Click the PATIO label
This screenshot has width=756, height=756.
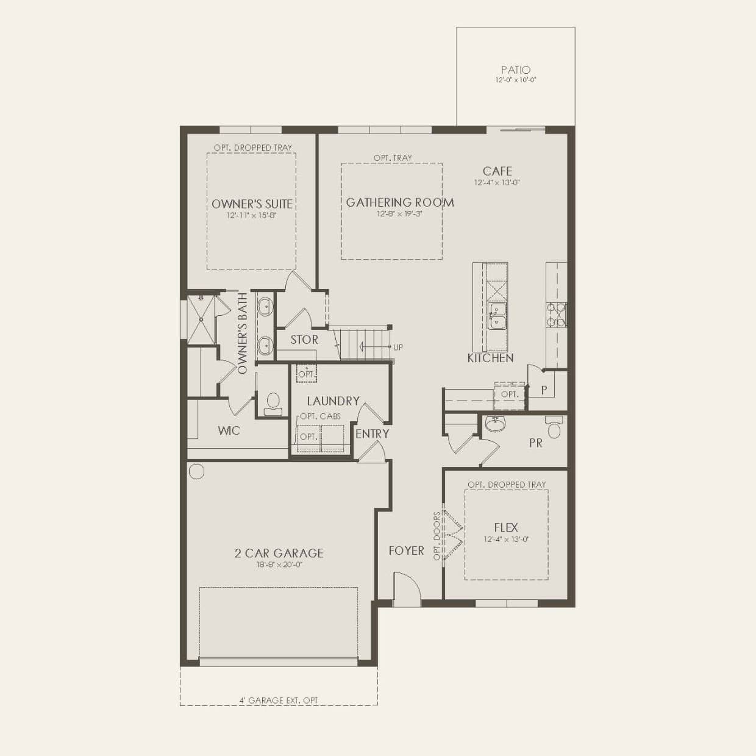tap(516, 70)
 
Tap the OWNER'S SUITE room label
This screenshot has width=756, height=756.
tap(252, 204)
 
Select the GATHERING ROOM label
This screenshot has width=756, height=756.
tap(400, 202)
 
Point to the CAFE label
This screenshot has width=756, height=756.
tap(497, 171)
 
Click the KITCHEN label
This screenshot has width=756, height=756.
tap(490, 358)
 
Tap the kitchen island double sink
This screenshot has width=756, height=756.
tap(497, 316)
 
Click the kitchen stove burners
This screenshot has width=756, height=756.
tap(556, 315)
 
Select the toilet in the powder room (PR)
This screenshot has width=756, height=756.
tap(554, 427)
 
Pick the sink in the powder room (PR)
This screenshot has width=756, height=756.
tap(495, 424)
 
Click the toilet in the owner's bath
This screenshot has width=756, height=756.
tap(273, 404)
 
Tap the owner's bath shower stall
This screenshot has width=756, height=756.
tap(201, 319)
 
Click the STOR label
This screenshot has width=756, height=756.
tap(304, 340)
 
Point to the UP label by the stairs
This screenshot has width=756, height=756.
tap(398, 347)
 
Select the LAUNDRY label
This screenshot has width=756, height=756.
tap(333, 401)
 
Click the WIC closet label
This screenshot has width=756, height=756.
tap(229, 430)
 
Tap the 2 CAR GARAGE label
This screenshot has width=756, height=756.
tap(279, 553)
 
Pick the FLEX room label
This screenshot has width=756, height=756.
tap(506, 527)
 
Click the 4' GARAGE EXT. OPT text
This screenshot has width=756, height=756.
tap(279, 700)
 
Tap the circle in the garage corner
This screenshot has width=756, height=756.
tap(196, 471)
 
